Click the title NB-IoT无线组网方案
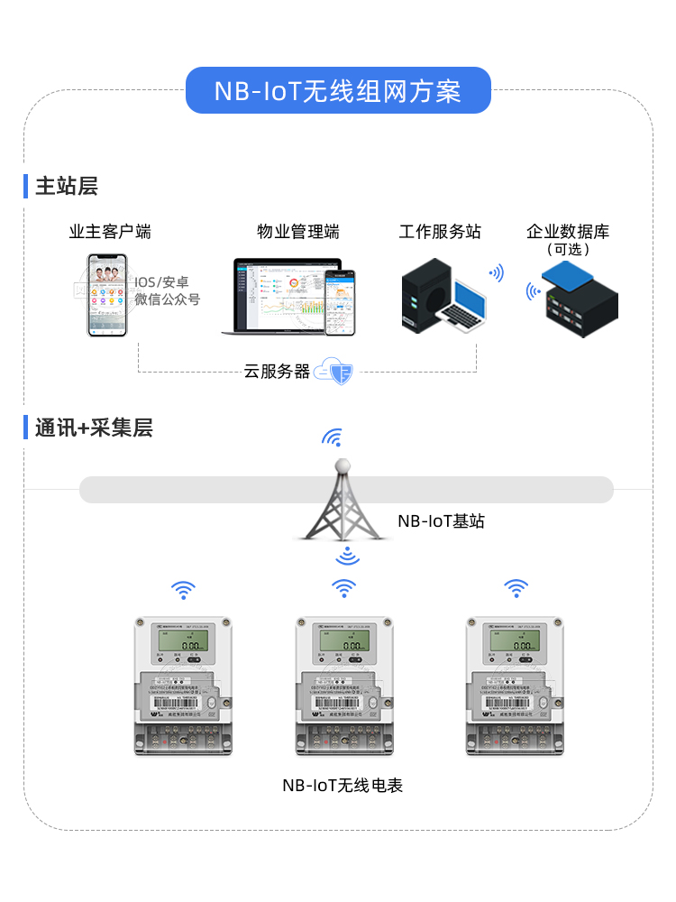[338, 91]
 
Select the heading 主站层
[66, 187]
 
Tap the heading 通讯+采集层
[94, 428]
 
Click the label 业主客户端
[110, 232]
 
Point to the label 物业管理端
[298, 232]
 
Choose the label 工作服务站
[440, 232]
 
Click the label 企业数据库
[568, 232]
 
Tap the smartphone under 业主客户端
[107, 295]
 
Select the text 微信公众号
[168, 299]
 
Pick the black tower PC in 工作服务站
[425, 294]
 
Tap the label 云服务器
[277, 372]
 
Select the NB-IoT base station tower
[343, 501]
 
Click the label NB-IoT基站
[441, 521]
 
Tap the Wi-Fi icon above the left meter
[183, 590]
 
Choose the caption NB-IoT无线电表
[343, 786]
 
